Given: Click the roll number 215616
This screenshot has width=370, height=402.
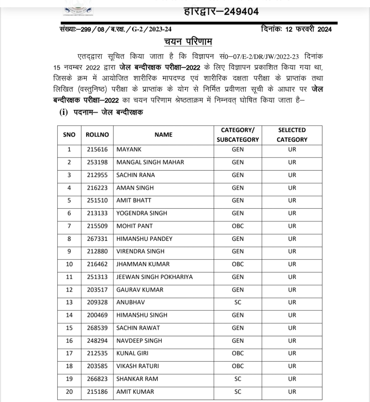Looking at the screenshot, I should coord(97,150).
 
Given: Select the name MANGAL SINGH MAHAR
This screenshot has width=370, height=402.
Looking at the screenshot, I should coord(150,162).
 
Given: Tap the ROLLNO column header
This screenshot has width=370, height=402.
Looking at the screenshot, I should coord(97,135).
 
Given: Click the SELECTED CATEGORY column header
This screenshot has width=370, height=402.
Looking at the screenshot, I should coord(292,135).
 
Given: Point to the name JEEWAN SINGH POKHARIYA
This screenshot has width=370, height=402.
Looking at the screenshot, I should coord(155,277).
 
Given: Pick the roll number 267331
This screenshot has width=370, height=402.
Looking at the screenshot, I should coord(97,239).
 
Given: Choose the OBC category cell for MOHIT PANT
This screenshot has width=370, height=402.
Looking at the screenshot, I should coord(237,226).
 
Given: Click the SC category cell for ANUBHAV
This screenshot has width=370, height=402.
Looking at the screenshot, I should coord(237,302).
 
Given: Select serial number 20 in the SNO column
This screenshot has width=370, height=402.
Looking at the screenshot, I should coord(69,392).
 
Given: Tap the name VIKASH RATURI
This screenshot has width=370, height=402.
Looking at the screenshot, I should coord(138,366).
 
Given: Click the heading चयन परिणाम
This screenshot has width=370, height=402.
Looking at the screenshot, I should coord(188,42).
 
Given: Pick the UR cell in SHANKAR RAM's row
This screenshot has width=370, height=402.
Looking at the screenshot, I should coord(292,379).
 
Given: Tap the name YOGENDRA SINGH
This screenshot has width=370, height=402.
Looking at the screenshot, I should coord(142,213).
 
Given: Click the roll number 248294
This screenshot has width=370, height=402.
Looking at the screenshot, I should coord(97,341).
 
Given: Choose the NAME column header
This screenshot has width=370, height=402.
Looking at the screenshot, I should coord(163,135).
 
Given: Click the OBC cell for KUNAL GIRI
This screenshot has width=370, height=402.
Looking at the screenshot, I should coord(237,353).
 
